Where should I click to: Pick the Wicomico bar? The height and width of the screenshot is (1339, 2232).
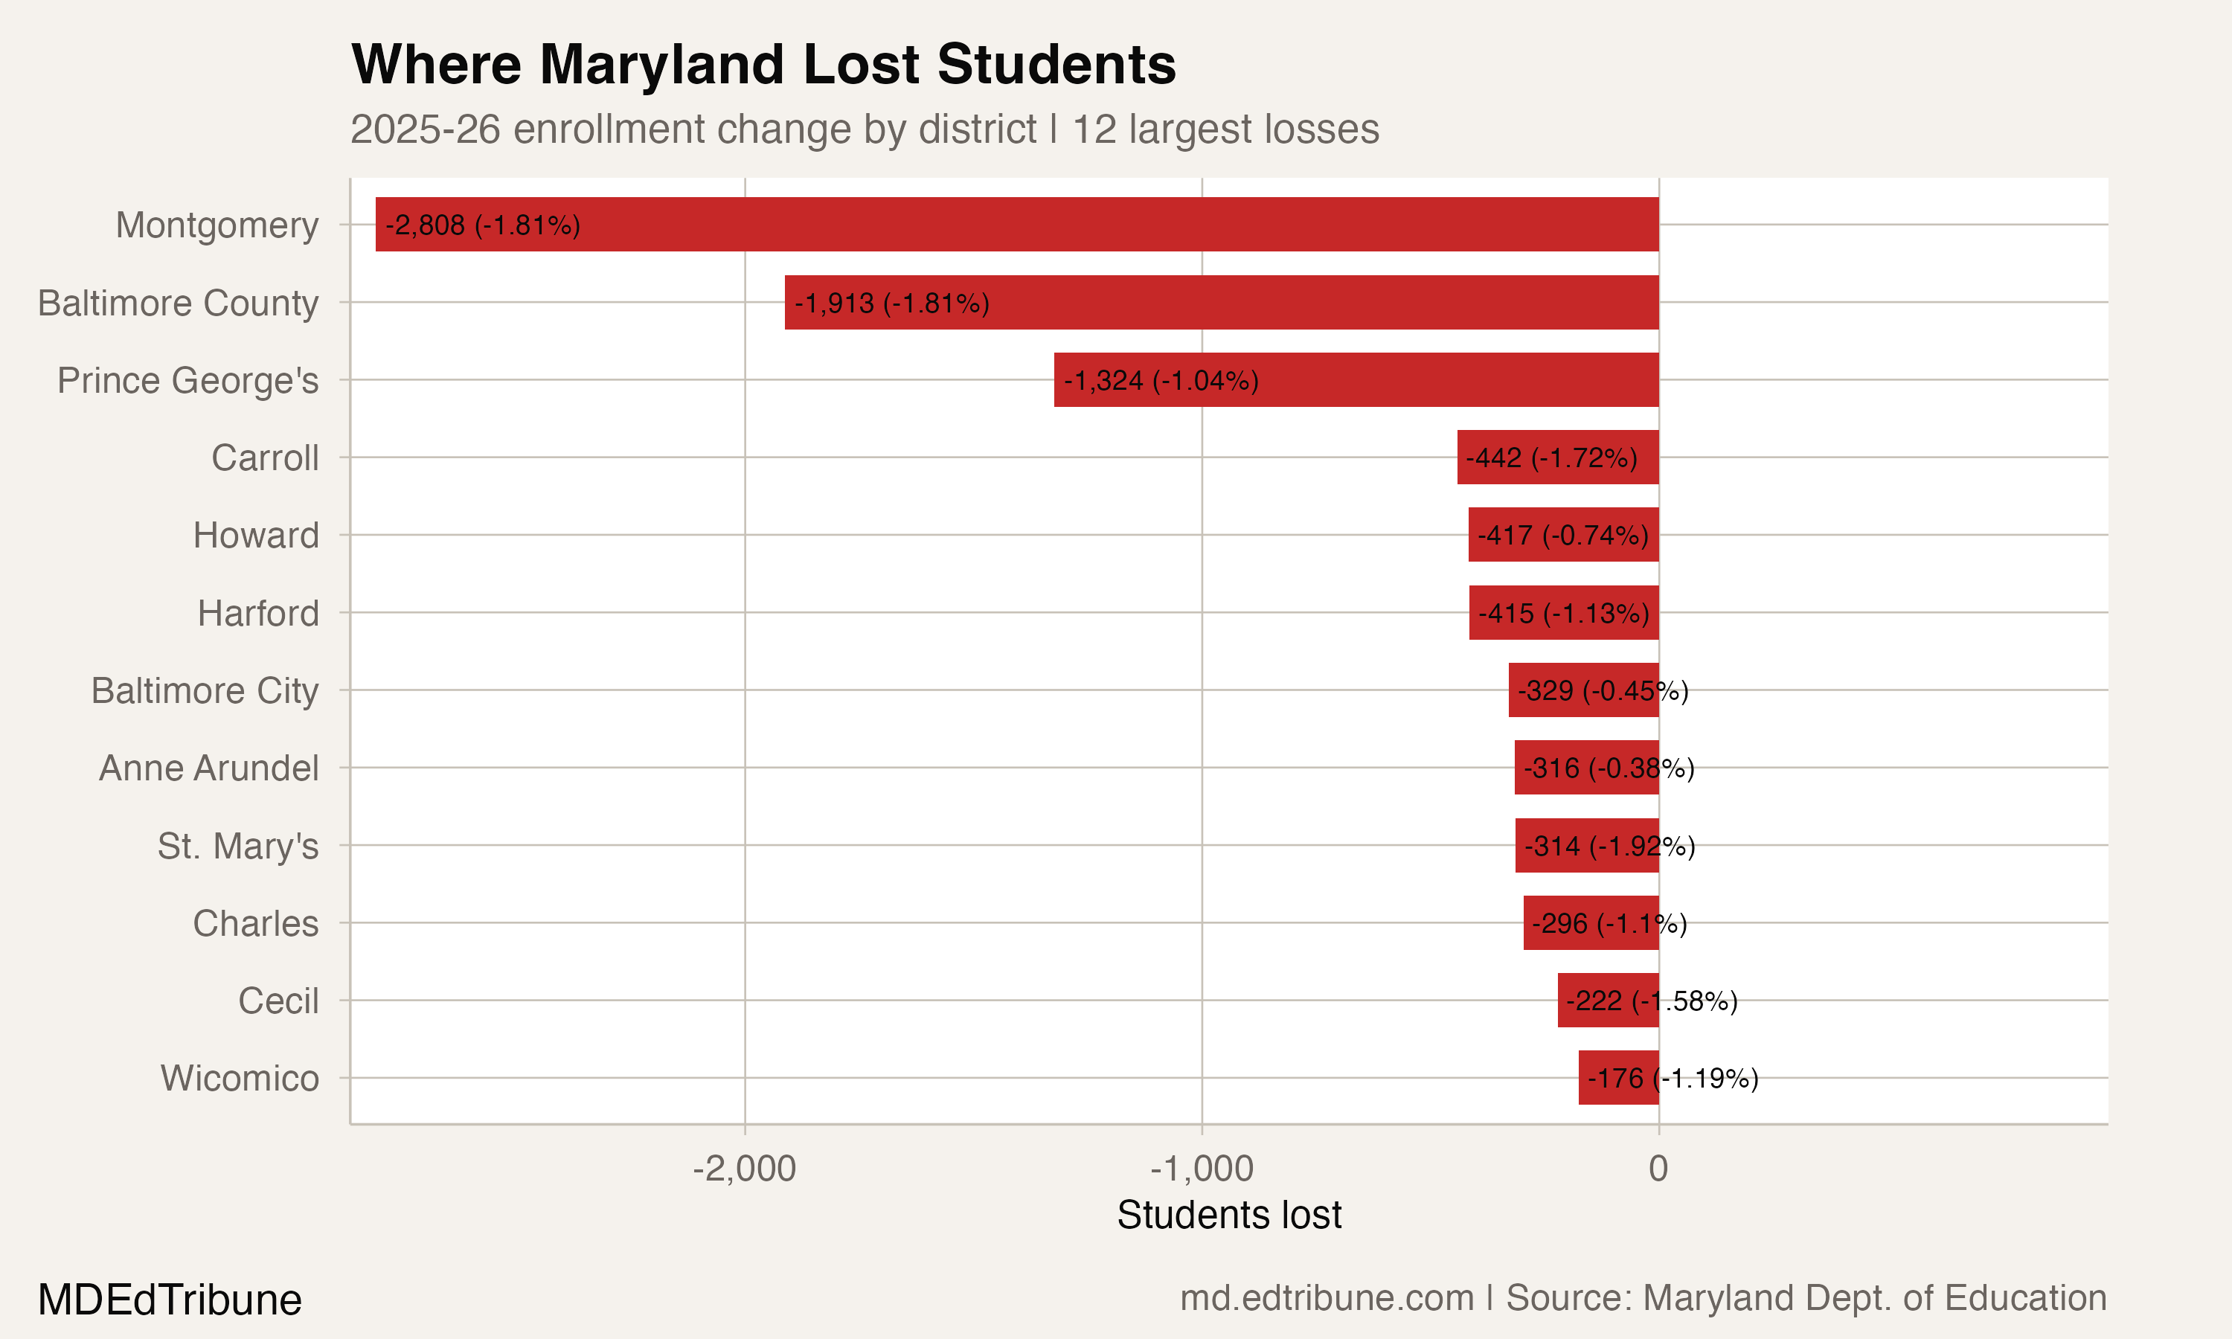(x=1618, y=1077)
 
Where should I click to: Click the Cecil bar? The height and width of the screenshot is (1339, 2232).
(x=1608, y=1000)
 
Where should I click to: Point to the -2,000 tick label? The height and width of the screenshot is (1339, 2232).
(x=744, y=1169)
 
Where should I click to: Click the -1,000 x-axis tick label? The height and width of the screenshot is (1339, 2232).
(x=1202, y=1169)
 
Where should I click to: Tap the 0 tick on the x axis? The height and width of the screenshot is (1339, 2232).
(x=1658, y=1169)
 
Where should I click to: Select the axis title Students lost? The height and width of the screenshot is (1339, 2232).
(x=1229, y=1215)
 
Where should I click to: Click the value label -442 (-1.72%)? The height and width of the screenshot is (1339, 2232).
(x=1550, y=457)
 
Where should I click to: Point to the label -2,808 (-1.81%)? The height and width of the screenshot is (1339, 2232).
(x=483, y=225)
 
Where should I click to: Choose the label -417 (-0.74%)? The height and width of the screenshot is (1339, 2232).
(x=1562, y=535)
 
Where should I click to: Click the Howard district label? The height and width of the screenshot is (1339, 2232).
(x=256, y=535)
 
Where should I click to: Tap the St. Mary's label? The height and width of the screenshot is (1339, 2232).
(x=237, y=846)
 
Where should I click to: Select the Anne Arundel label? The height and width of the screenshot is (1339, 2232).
(x=208, y=768)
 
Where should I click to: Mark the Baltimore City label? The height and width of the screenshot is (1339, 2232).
(x=205, y=690)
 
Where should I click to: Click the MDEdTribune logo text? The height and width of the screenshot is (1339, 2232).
(x=170, y=1300)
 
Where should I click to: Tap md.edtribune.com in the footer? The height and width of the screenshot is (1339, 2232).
(x=1327, y=1297)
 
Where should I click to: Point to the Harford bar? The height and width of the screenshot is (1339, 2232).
(x=1563, y=613)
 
